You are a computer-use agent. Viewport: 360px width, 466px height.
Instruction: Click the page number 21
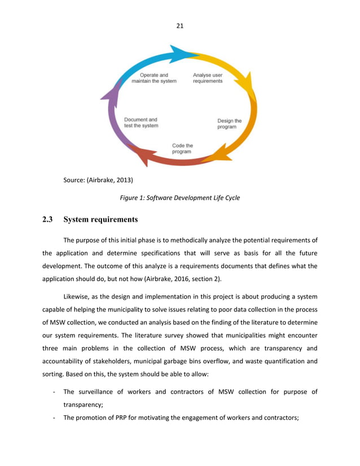[180, 24]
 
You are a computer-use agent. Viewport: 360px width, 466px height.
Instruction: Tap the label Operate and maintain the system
[153, 78]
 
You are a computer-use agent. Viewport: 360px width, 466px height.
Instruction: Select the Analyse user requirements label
[208, 78]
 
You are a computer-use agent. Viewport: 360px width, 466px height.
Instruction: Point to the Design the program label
[229, 124]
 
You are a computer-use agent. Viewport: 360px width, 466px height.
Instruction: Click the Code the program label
[182, 148]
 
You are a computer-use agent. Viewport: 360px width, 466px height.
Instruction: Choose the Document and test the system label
[141, 122]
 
